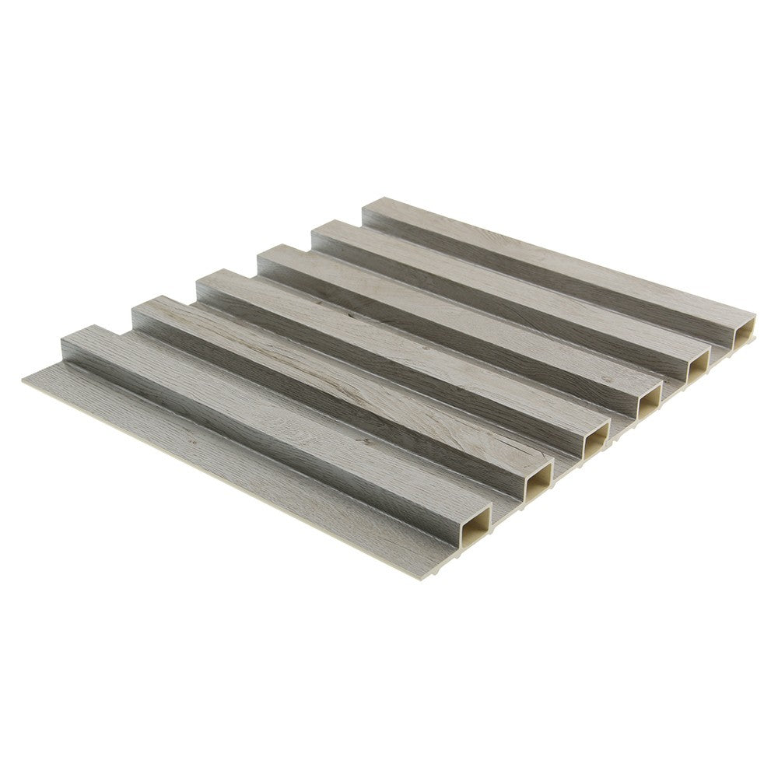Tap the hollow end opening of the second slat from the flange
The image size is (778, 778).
pos(538,484)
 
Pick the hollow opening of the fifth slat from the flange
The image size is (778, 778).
pos(696,366)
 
